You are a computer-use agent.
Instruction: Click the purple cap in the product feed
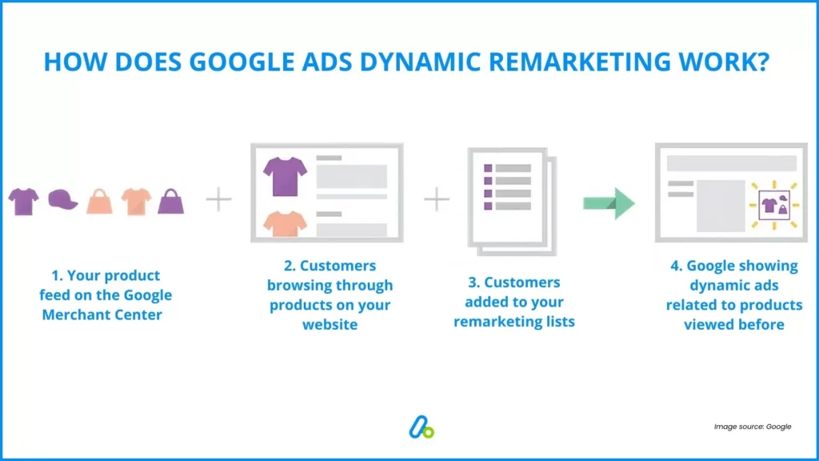[62, 200]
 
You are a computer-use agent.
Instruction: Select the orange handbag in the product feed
[99, 201]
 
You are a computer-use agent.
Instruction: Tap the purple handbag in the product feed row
[171, 201]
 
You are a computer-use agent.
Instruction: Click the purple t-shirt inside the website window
[286, 175]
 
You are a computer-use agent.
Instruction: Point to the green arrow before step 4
[608, 202]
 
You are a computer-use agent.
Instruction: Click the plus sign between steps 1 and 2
[218, 199]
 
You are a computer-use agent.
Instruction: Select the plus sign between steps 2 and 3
[437, 198]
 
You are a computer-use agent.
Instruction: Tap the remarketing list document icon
[509, 200]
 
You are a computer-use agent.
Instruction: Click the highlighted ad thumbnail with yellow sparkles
[773, 204]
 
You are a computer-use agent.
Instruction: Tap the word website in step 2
[330, 324]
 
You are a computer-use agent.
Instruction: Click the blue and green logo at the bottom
[421, 428]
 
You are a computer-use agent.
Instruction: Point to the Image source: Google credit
[752, 427]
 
